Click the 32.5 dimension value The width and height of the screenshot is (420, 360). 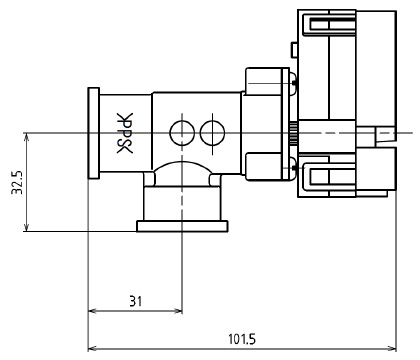click(x=17, y=182)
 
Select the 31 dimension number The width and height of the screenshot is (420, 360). click(x=136, y=302)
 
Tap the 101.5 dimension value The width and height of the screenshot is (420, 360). click(x=242, y=339)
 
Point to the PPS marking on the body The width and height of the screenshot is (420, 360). click(x=125, y=133)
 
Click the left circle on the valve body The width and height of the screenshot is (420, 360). click(x=182, y=133)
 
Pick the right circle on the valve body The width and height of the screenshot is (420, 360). click(x=213, y=133)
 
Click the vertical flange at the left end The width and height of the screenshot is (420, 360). click(x=94, y=133)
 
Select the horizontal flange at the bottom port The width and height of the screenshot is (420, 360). click(x=182, y=226)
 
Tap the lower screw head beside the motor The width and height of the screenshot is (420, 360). click(x=293, y=167)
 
